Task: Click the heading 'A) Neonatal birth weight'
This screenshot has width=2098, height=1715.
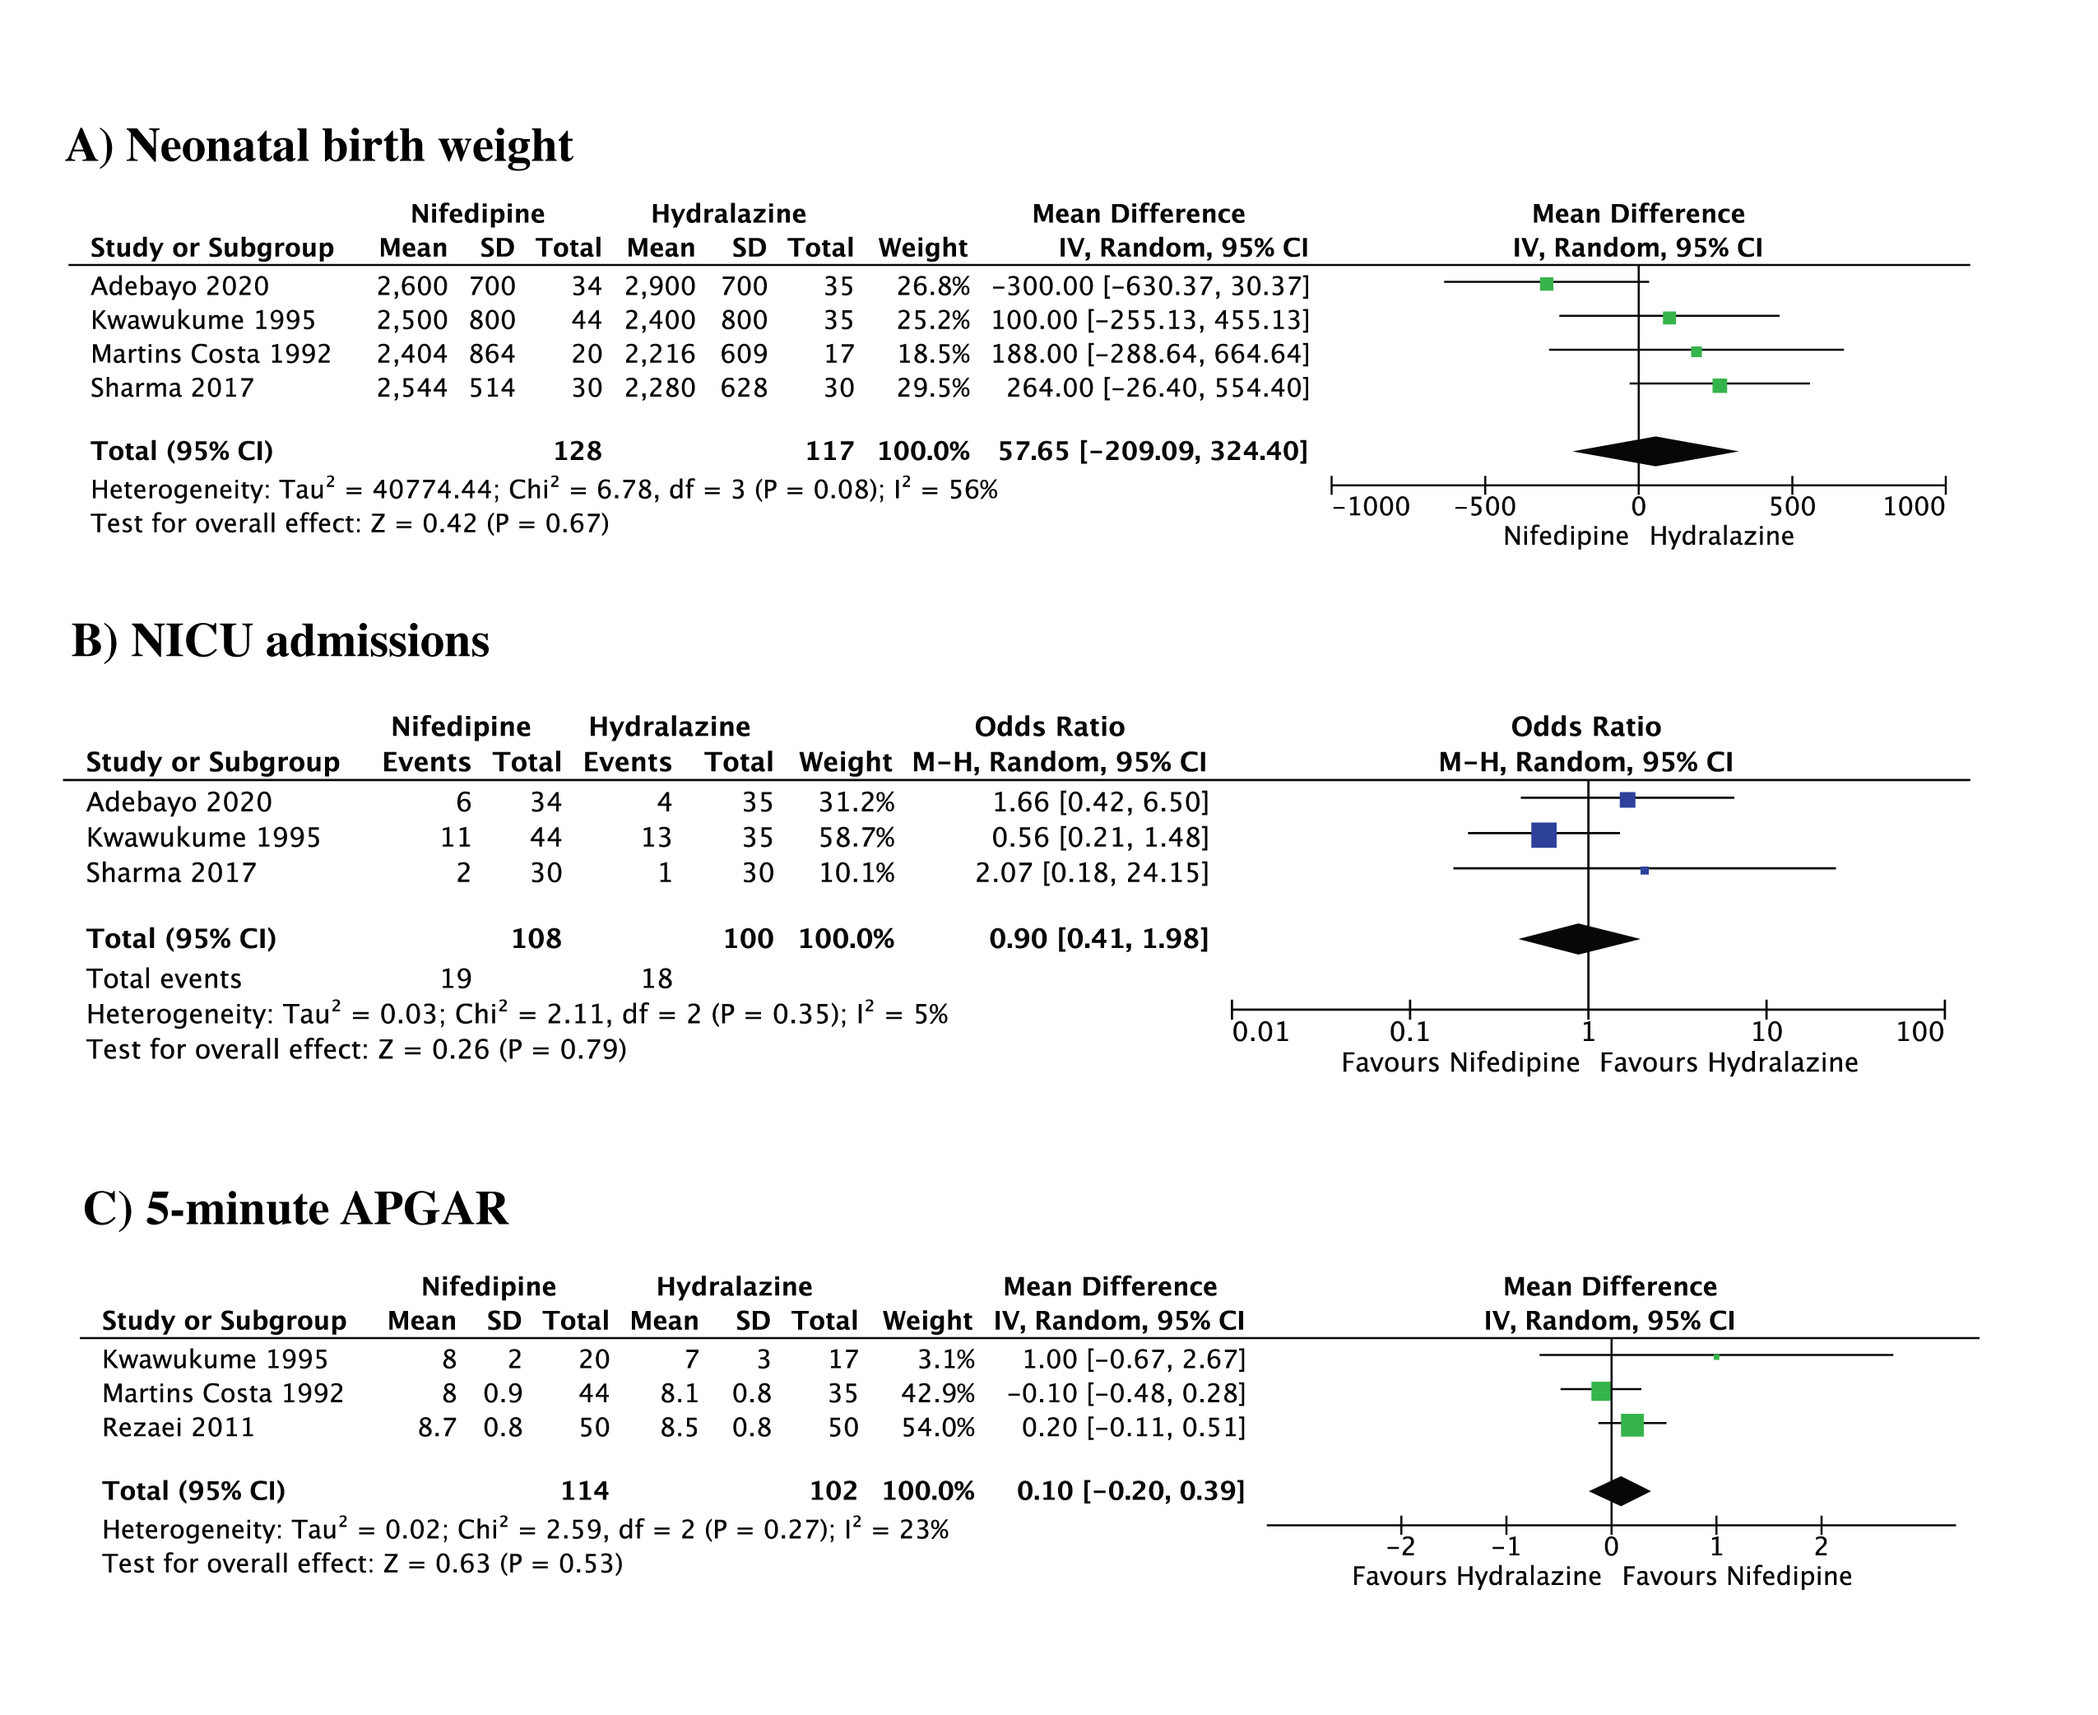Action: (x=319, y=146)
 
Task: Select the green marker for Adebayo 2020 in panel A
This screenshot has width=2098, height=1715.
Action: (x=1546, y=285)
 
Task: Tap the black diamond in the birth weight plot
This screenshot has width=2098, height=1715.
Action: (x=1655, y=452)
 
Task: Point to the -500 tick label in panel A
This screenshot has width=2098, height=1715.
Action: (x=1483, y=507)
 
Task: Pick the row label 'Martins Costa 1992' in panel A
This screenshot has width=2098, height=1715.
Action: (x=211, y=354)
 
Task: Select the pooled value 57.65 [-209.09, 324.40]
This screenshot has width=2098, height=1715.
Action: (x=1152, y=452)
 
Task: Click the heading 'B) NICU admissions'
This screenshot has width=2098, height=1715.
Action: (x=281, y=641)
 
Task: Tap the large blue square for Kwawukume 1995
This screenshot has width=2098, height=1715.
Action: (x=1543, y=834)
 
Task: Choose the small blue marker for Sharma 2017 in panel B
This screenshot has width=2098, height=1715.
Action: (x=1644, y=871)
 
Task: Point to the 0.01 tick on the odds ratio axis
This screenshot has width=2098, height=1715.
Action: (x=1260, y=1032)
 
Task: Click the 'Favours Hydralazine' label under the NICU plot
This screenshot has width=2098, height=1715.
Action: (x=1728, y=1063)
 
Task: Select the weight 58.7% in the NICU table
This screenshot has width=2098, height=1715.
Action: (x=856, y=838)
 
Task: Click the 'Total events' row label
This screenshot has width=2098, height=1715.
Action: (x=164, y=979)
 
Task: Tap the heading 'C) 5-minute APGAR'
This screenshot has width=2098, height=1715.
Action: (x=295, y=1208)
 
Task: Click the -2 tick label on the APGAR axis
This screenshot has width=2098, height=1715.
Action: (x=1400, y=1546)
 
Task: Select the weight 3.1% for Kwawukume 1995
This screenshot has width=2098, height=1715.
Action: (x=945, y=1359)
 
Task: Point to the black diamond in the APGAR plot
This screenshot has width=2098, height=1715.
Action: (x=1619, y=1490)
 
